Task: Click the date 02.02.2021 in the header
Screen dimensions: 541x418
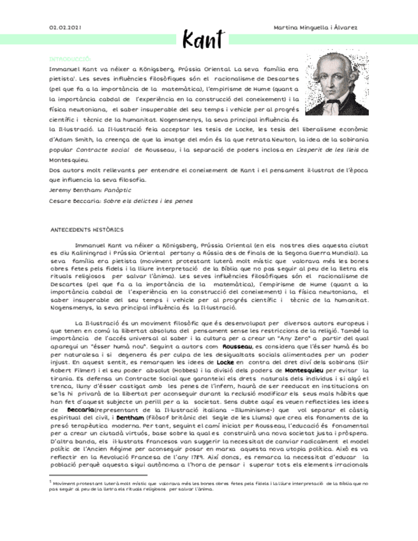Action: coord(65,28)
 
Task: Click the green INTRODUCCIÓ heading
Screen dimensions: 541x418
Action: coord(70,58)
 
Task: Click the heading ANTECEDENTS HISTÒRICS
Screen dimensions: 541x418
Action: coord(86,229)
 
